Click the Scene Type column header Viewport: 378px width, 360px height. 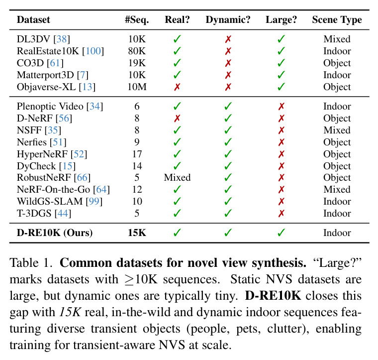(337, 20)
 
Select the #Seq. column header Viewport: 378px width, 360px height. (137, 20)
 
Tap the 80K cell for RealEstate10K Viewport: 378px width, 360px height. (137, 51)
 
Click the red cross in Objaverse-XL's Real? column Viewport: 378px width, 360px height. (177, 87)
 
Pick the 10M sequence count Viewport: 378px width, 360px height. (137, 87)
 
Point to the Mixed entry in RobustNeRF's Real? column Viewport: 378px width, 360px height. (177, 178)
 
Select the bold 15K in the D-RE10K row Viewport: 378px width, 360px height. (137, 233)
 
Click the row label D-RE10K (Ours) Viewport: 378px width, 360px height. (55, 233)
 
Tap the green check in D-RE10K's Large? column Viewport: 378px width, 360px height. (281, 233)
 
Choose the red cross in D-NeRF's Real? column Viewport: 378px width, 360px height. (177, 118)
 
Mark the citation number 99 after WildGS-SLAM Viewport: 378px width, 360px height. (94, 201)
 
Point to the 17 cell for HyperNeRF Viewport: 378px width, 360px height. (137, 154)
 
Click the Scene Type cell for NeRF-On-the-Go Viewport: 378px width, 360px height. (337, 189)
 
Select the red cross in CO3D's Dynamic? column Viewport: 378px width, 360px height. (228, 63)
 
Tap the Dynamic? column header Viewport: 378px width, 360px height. (228, 20)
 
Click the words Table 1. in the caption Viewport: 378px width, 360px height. (31, 263)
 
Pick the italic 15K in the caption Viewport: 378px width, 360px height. (70, 312)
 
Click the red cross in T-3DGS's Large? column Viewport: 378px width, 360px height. (281, 213)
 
